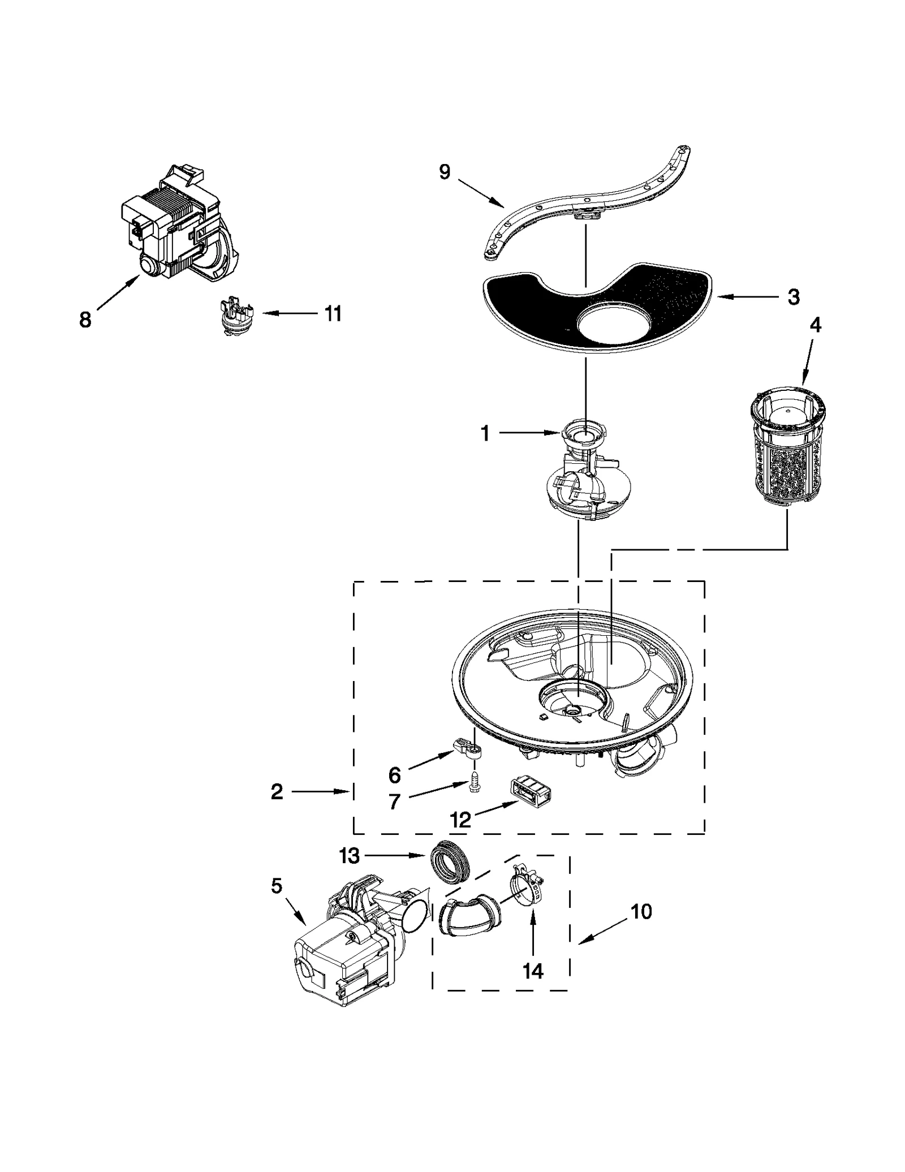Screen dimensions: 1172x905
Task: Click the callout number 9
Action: click(445, 172)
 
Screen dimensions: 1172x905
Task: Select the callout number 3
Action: click(794, 296)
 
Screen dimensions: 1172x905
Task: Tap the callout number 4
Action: click(815, 325)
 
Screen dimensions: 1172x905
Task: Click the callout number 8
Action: click(85, 320)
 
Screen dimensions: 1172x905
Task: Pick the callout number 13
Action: click(350, 856)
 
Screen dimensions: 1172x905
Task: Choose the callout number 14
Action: click(533, 971)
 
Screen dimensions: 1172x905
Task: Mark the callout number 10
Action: click(641, 911)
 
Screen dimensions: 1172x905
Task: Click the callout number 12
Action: click(461, 820)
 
